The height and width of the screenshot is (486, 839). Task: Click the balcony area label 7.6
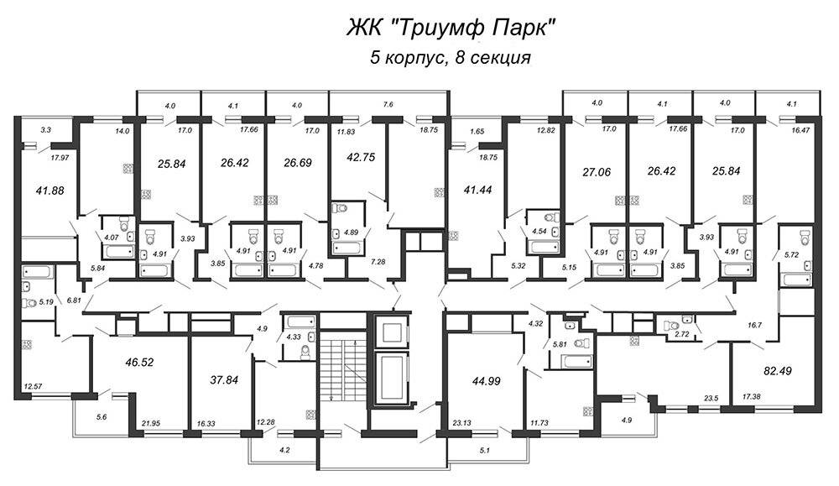[388, 106]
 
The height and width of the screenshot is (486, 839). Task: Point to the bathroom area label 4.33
[293, 337]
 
